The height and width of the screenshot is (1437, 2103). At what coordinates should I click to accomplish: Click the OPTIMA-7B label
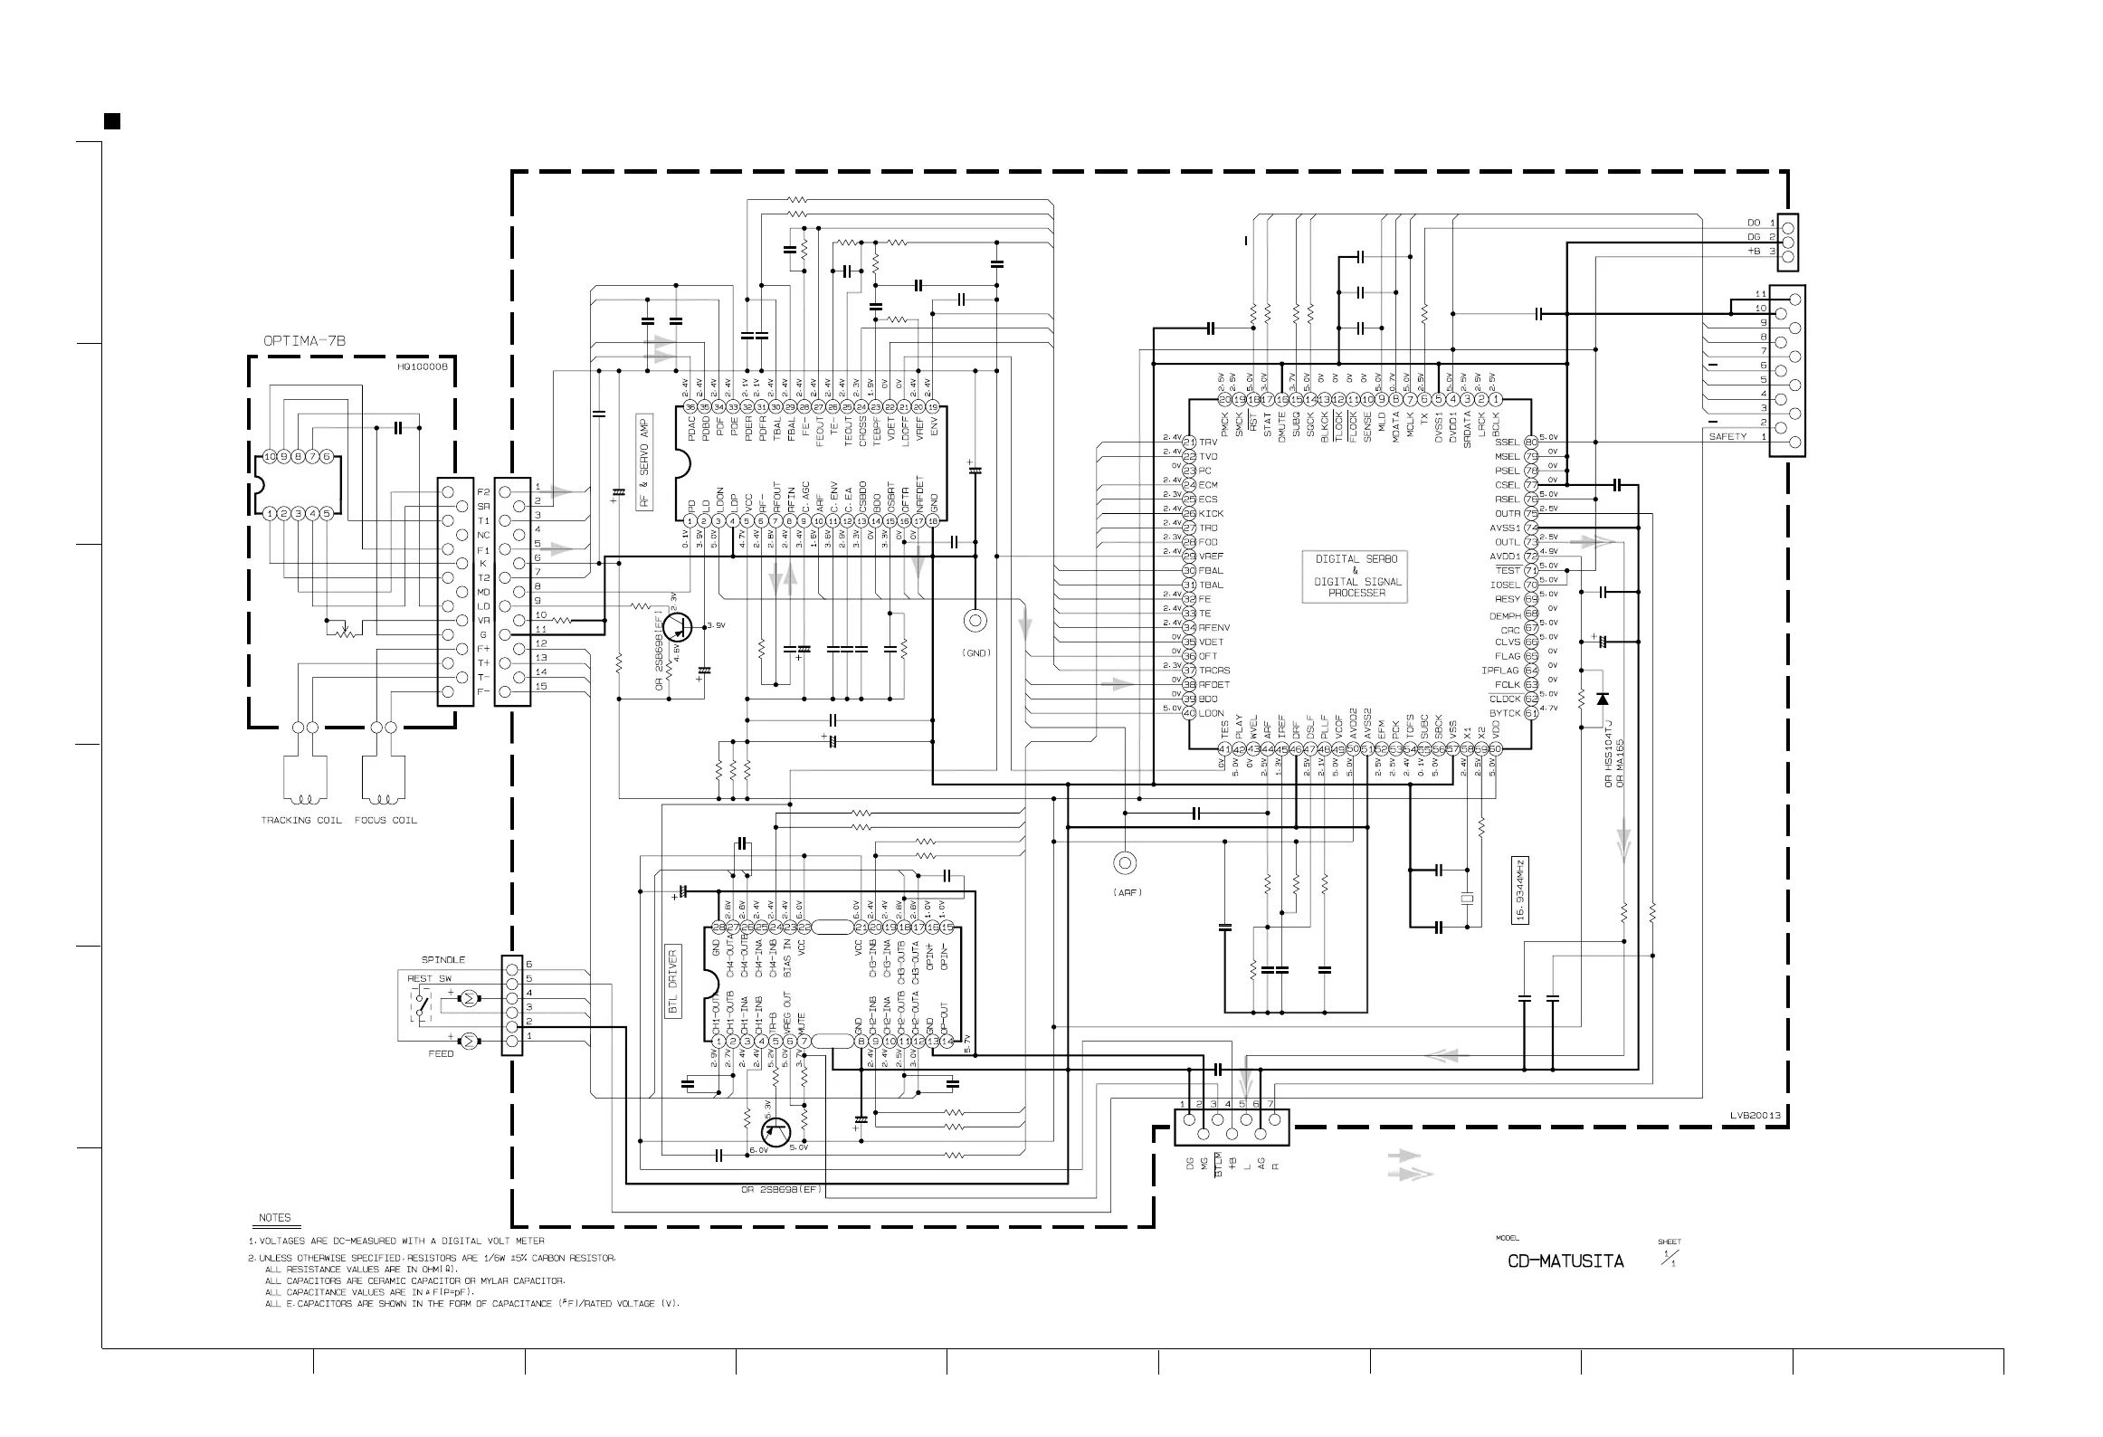(304, 341)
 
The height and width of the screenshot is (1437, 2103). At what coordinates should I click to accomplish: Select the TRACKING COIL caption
(301, 821)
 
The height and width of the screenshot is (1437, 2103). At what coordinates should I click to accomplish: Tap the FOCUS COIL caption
(385, 821)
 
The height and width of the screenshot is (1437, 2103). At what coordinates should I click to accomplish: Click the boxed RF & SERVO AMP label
(644, 462)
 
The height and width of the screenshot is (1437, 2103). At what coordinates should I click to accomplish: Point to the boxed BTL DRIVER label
(673, 982)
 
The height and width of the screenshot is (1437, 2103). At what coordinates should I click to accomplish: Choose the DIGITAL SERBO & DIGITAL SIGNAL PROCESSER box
(1356, 576)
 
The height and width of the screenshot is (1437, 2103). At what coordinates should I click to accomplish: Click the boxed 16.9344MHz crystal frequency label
(1521, 890)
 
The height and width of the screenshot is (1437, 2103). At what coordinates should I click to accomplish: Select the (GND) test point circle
(975, 621)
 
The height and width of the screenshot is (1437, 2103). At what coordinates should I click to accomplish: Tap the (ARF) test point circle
(1125, 862)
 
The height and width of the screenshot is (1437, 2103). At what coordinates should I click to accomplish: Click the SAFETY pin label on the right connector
(1727, 437)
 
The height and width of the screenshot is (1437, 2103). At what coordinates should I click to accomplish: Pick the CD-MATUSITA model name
(1565, 1261)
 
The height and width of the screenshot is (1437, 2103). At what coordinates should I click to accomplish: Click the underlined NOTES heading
(274, 1218)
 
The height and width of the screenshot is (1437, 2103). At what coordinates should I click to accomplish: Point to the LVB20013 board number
(1756, 1116)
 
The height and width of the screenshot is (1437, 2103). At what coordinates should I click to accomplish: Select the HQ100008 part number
(422, 367)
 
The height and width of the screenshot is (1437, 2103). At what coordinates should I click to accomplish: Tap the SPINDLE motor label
(443, 959)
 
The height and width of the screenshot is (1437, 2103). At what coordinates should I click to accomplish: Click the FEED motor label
(441, 1054)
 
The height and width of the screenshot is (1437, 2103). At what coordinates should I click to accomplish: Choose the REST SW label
(429, 978)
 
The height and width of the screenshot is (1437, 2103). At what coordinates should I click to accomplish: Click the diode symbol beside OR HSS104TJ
(1603, 699)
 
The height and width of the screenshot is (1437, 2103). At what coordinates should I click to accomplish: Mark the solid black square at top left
(112, 121)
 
